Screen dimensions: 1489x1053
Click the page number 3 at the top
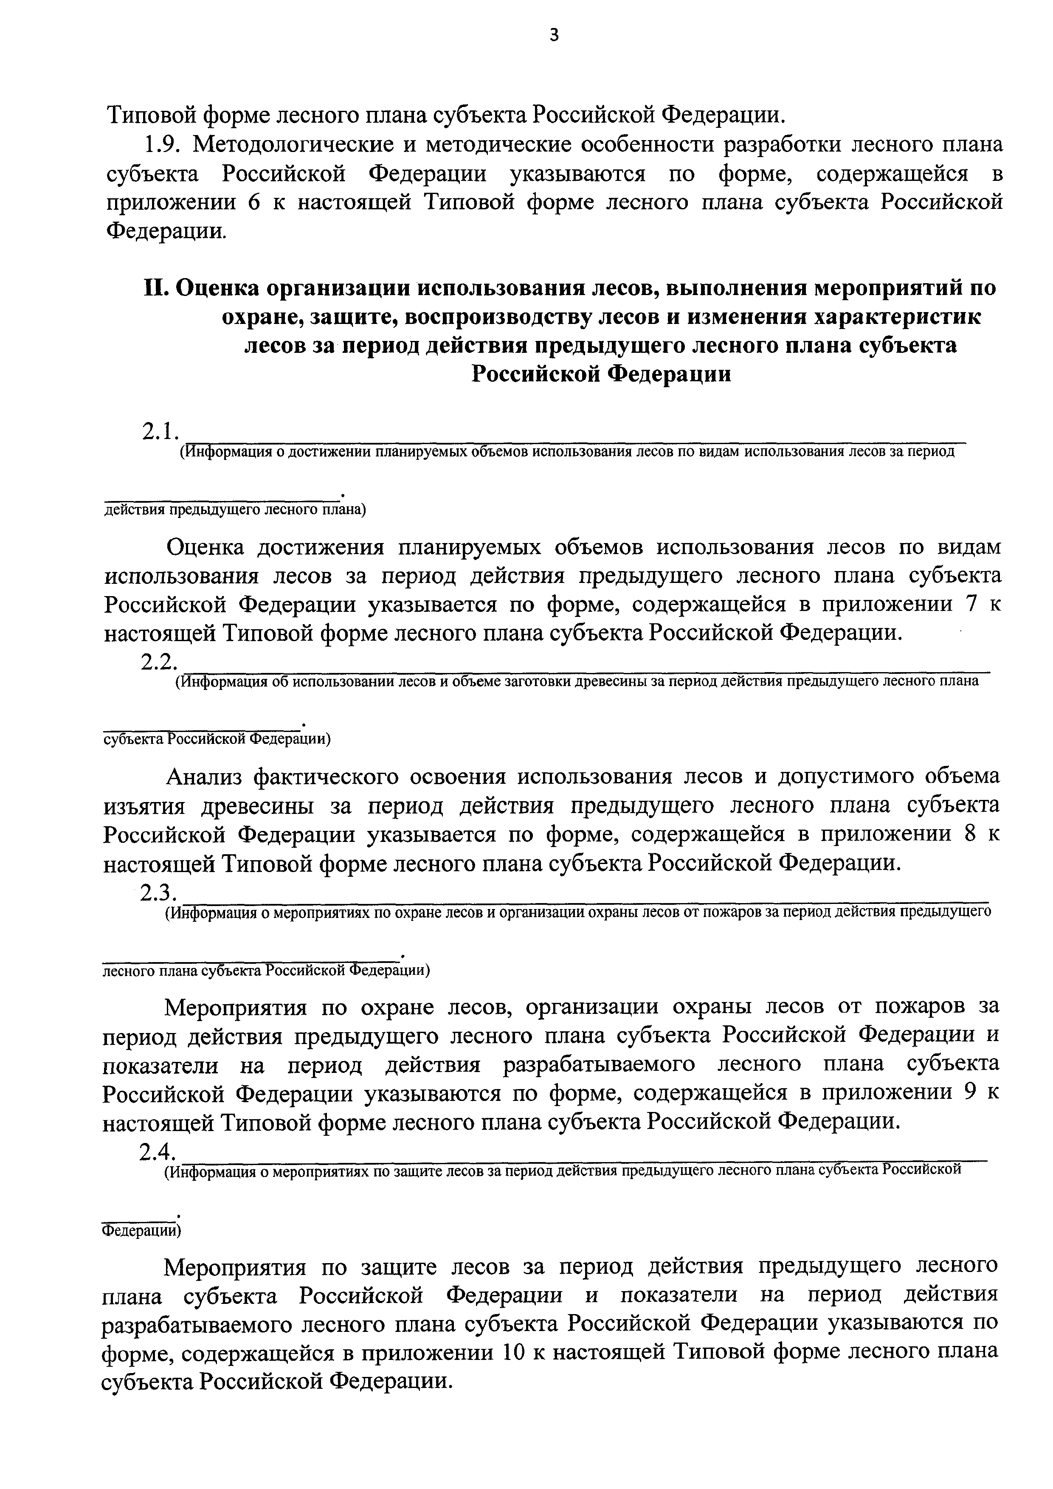click(553, 36)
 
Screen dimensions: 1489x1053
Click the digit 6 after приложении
click(253, 203)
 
